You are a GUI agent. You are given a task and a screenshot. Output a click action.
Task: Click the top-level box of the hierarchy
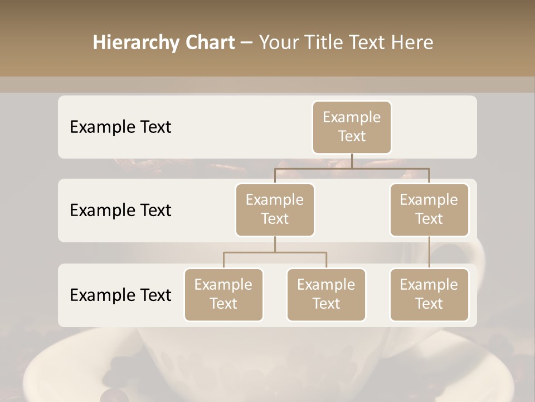[352, 127]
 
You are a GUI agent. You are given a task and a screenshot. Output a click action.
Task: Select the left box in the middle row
[275, 210]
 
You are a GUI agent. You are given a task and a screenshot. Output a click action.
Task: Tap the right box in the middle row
[429, 210]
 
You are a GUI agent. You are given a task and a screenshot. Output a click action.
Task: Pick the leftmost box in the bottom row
[223, 295]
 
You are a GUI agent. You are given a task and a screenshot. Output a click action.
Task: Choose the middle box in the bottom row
[326, 295]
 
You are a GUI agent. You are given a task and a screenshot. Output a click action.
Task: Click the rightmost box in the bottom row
[429, 295]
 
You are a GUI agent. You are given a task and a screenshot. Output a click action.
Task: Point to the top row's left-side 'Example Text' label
[120, 127]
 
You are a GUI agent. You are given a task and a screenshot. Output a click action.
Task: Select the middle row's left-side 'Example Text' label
[120, 210]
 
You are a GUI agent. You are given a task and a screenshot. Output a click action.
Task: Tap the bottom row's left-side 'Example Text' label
[120, 295]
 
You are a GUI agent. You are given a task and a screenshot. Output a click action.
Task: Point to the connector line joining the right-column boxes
[429, 252]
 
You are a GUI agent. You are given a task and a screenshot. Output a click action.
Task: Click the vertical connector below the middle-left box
[275, 244]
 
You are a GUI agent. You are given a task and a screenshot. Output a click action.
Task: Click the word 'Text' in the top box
[352, 136]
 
